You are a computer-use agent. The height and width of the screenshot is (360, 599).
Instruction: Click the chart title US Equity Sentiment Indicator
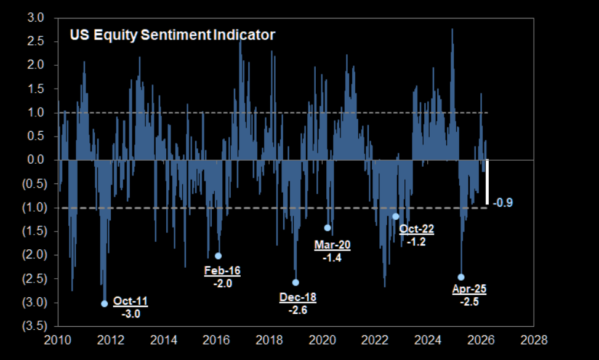pos(172,35)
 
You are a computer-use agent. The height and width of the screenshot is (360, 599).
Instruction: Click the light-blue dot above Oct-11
pos(105,303)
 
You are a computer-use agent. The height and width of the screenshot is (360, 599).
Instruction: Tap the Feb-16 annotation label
pos(222,270)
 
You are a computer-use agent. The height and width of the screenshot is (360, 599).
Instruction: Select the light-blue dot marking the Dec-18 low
pos(295,282)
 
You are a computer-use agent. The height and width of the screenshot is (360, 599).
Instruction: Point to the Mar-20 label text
pos(332,245)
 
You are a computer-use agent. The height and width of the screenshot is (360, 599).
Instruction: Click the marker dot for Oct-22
pos(395,216)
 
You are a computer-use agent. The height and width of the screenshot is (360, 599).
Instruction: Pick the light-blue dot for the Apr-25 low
pos(461,277)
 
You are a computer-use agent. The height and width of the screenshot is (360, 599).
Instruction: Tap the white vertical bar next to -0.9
pos(487,182)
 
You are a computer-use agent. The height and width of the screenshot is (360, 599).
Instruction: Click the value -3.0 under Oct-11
pos(129,314)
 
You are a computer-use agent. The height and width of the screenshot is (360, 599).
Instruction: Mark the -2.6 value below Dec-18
pos(298,310)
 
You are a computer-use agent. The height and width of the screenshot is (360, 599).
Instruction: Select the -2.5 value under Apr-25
pos(469,302)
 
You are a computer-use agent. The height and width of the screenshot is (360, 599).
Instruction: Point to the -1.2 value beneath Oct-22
pos(416,242)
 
